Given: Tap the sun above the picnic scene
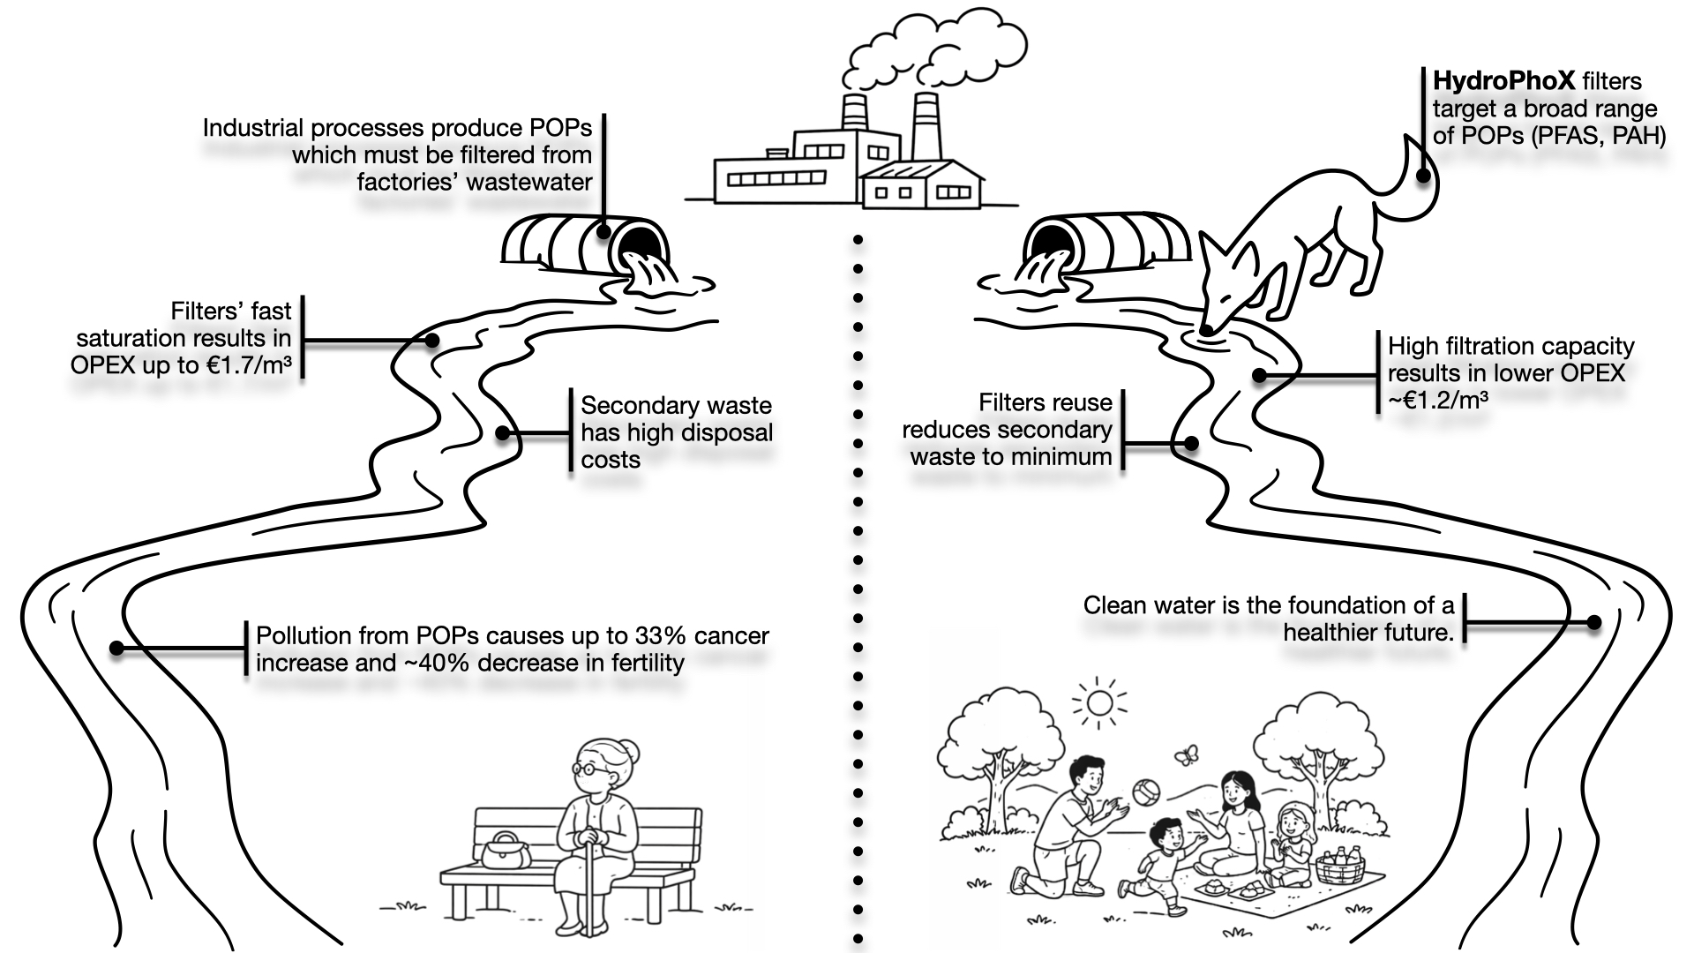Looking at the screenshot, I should pyautogui.click(x=1099, y=703).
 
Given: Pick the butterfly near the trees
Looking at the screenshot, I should pyautogui.click(x=1186, y=755).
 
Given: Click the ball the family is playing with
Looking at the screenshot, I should pyautogui.click(x=1145, y=792).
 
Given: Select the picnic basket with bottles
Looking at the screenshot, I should pyautogui.click(x=1339, y=867).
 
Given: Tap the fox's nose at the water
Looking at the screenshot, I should pyautogui.click(x=1208, y=329).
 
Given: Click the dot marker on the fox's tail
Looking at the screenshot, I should pyautogui.click(x=1422, y=175).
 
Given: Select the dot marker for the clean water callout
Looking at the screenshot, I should pyautogui.click(x=1593, y=622).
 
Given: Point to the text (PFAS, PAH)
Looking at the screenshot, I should pyautogui.click(x=1599, y=136).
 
